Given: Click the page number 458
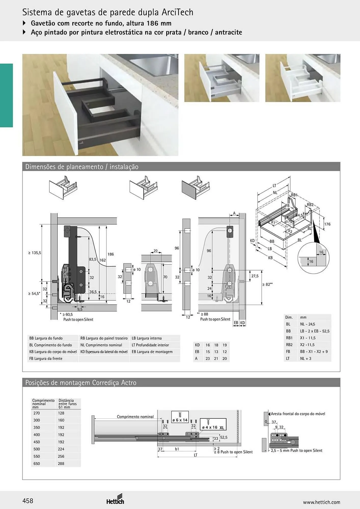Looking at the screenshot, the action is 28,501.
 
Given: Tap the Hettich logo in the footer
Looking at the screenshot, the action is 115,499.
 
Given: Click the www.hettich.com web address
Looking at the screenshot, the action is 322,502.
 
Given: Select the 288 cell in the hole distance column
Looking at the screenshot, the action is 61,463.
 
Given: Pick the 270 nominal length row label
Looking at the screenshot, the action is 37,413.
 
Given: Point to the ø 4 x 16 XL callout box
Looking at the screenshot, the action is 213,424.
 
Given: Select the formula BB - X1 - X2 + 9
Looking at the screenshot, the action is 314,351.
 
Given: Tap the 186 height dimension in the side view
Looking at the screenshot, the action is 110,254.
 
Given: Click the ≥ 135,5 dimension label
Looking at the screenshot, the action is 35,253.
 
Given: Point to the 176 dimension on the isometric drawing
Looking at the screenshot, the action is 327,224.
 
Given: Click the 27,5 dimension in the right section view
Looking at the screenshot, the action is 255,276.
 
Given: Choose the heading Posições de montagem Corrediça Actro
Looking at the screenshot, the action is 81,383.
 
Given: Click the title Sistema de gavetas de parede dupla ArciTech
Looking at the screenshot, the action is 108,12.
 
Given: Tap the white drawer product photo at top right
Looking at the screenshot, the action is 303,78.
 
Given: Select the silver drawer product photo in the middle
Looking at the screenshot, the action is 222,78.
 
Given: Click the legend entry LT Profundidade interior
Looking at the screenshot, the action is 150,345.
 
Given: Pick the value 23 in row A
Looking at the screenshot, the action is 208,358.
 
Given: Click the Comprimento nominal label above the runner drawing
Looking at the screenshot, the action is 135,417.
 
